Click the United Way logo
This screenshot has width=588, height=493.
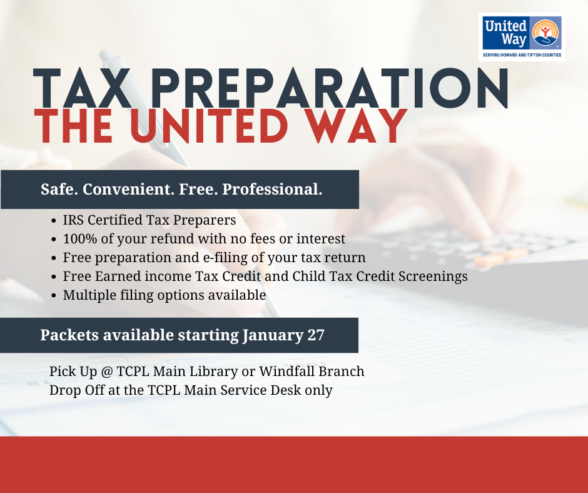click(x=522, y=37)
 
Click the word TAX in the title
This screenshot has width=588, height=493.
click(x=82, y=89)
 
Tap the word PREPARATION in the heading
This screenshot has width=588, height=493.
click(x=329, y=89)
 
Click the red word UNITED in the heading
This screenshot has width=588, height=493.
click(x=208, y=126)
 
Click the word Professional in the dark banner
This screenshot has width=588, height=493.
click(x=272, y=189)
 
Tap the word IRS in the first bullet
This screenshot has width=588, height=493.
click(x=73, y=220)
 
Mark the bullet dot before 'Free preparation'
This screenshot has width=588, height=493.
click(x=54, y=258)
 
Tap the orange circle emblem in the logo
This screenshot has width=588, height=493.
click(x=545, y=33)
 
